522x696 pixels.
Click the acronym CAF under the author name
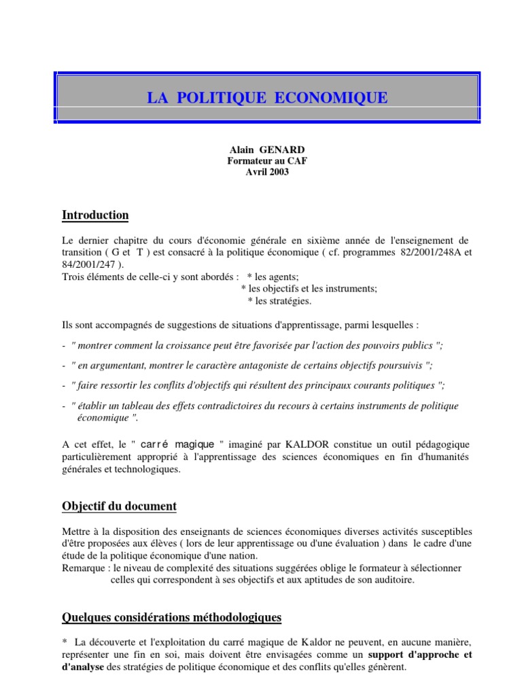tap(288, 161)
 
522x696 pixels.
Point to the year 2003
tap(279, 171)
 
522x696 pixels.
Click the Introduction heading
tap(95, 215)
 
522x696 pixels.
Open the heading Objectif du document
tap(119, 506)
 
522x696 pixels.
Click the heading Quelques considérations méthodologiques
tap(171, 617)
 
